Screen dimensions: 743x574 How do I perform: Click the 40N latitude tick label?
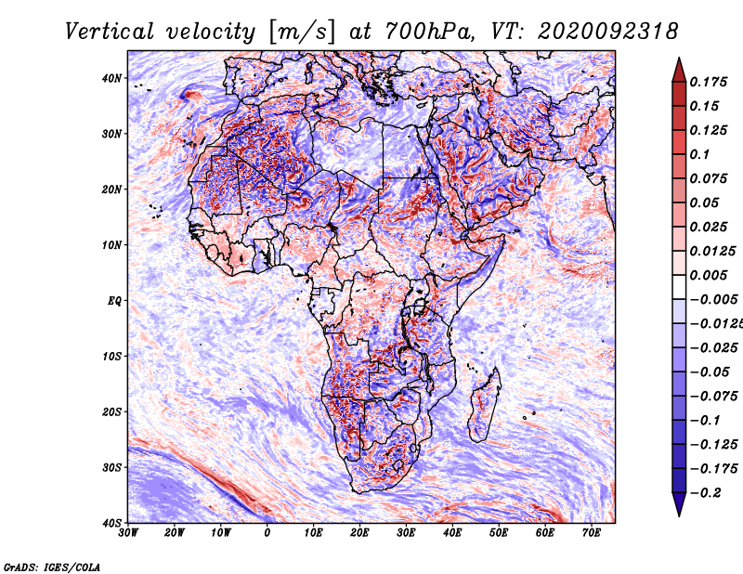click(111, 78)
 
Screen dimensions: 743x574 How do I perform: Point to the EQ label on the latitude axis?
click(114, 301)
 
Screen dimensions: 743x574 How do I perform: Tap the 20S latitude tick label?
click(111, 411)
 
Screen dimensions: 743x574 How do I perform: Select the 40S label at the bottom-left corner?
click(111, 523)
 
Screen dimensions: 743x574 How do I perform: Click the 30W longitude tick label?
click(128, 533)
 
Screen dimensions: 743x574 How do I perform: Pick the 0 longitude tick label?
click(267, 533)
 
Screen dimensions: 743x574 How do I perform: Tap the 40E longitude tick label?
click(452, 533)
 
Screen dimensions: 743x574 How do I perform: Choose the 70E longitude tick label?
click(592, 533)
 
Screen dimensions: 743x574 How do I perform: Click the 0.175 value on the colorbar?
click(709, 82)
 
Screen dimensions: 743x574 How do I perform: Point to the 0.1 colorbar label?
click(700, 154)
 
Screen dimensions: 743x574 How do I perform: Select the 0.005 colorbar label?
click(709, 275)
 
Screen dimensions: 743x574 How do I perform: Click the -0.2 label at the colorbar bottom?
click(706, 493)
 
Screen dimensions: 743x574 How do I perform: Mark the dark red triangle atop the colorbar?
click(679, 72)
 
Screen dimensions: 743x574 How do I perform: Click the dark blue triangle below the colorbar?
click(679, 503)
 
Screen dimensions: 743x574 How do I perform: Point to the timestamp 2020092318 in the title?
click(608, 32)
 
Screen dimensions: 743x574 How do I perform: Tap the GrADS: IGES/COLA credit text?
click(52, 567)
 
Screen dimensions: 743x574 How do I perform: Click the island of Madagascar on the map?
click(484, 405)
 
